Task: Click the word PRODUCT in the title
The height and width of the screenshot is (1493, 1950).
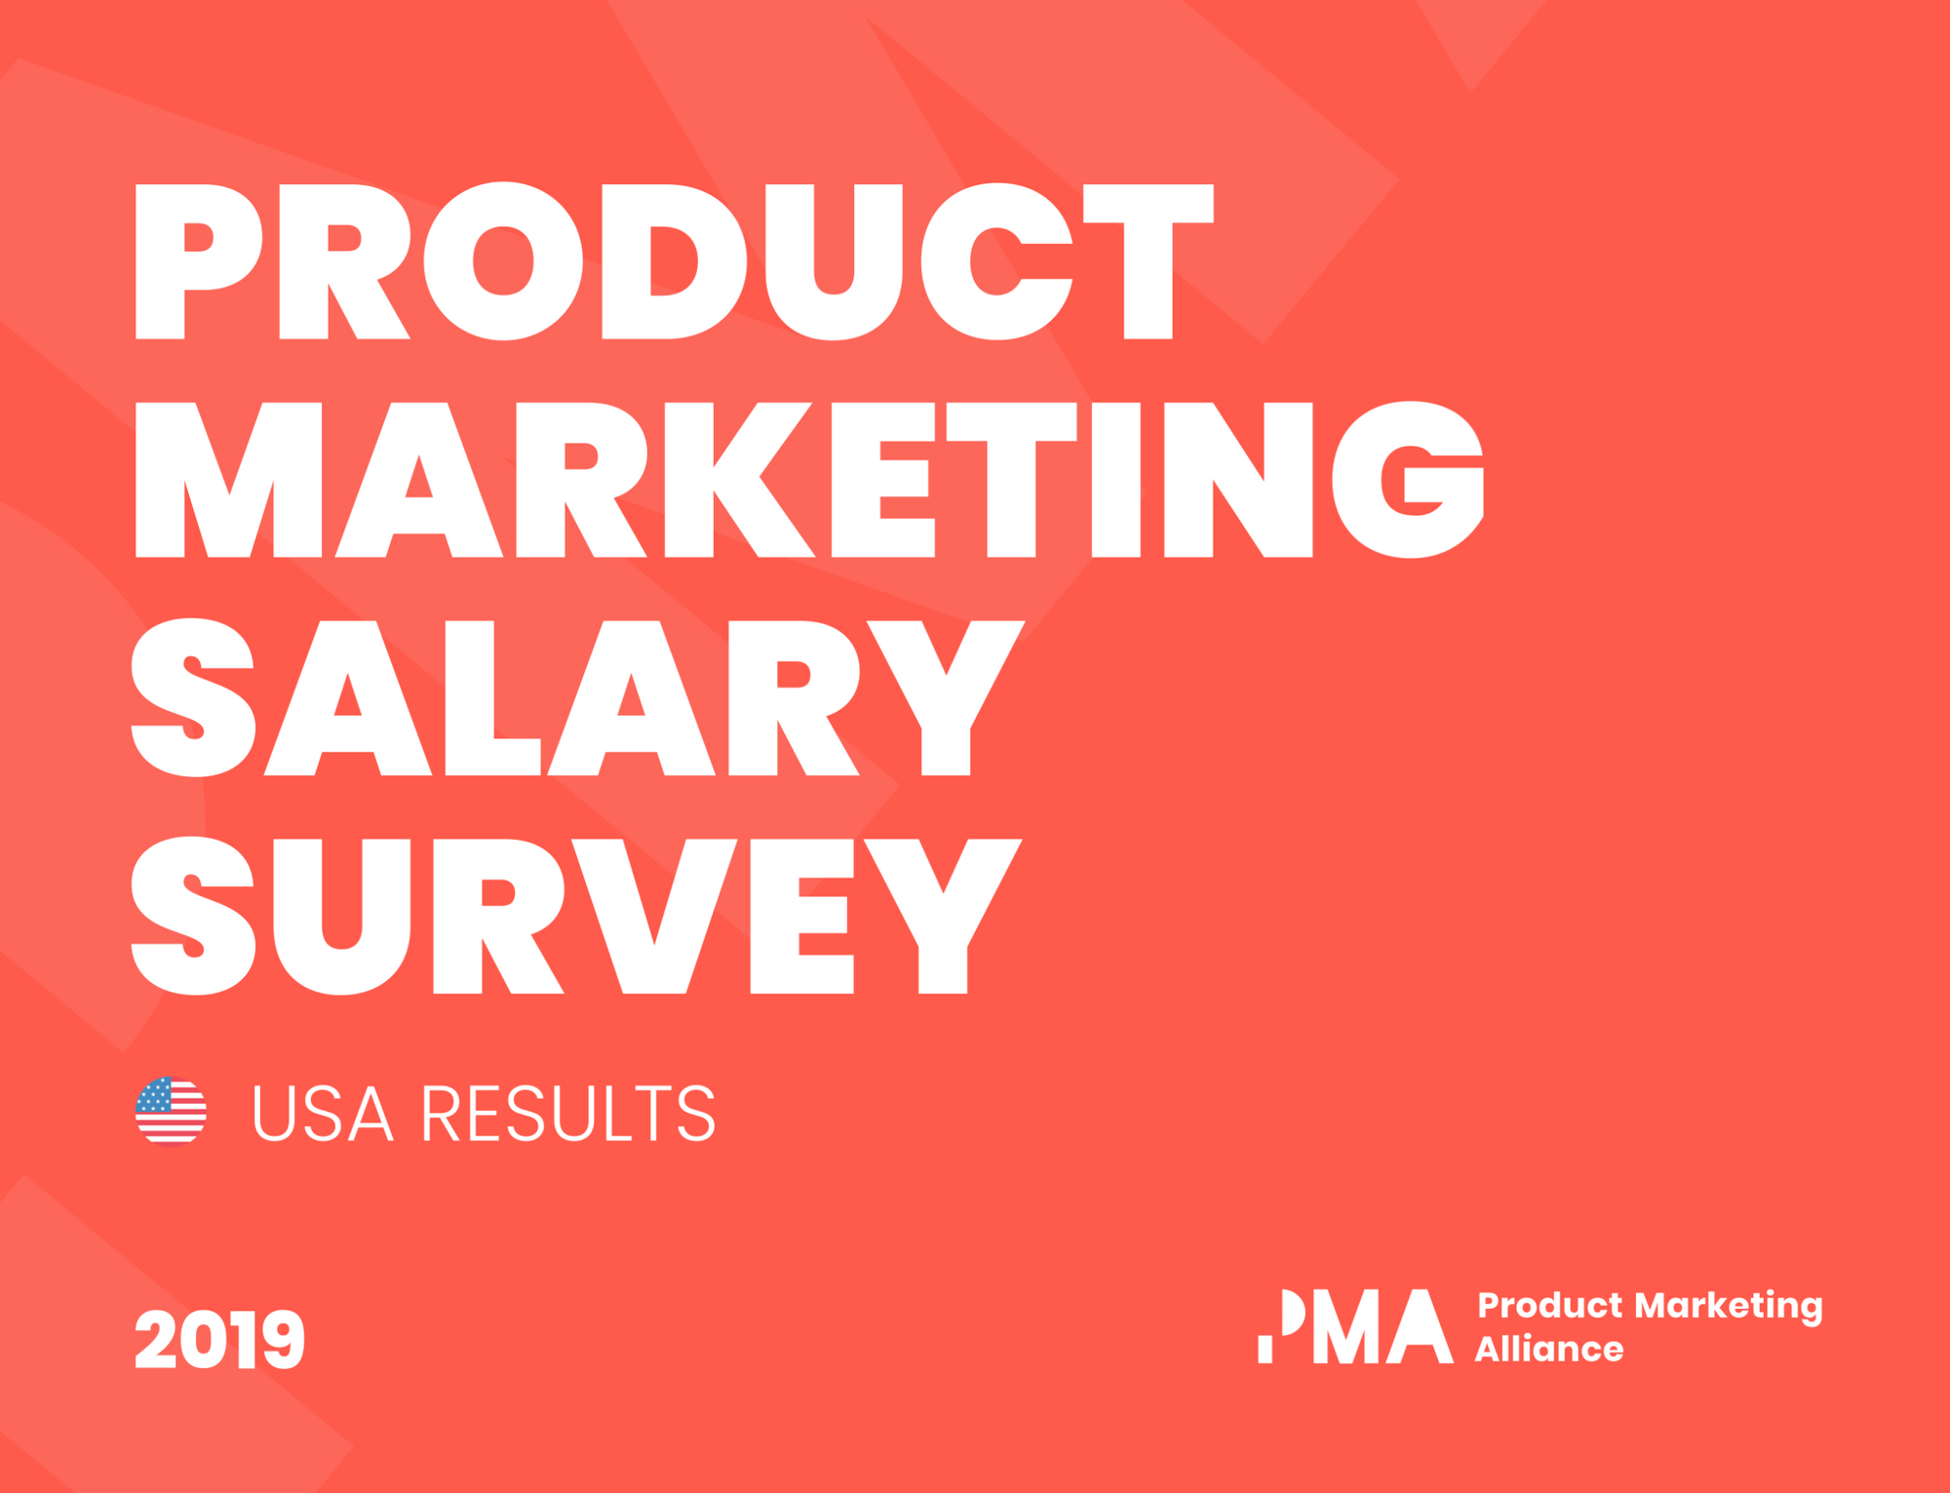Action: click(675, 261)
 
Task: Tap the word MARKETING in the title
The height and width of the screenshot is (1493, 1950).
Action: click(809, 479)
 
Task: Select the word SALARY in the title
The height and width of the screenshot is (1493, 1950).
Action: click(577, 697)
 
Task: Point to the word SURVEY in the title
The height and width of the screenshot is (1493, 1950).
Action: click(576, 915)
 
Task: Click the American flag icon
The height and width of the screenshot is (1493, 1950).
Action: click(171, 1112)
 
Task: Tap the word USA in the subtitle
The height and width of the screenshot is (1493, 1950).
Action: click(323, 1113)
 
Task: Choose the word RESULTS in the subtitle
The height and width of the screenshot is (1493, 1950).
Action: click(568, 1113)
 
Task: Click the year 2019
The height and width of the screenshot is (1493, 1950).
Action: click(219, 1339)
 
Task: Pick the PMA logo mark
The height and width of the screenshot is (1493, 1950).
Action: click(1355, 1326)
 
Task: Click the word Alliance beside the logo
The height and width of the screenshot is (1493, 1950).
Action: click(1549, 1349)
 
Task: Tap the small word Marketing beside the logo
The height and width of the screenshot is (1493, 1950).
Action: click(1729, 1307)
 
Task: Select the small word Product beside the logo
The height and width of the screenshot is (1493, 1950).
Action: click(1550, 1305)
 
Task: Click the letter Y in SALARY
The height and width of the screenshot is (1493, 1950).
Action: click(946, 697)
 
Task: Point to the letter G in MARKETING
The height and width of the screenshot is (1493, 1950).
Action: click(1408, 479)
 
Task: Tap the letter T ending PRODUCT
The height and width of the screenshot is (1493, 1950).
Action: click(1149, 261)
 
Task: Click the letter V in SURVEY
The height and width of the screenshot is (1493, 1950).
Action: click(654, 915)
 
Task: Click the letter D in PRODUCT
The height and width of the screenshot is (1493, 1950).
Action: click(673, 261)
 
